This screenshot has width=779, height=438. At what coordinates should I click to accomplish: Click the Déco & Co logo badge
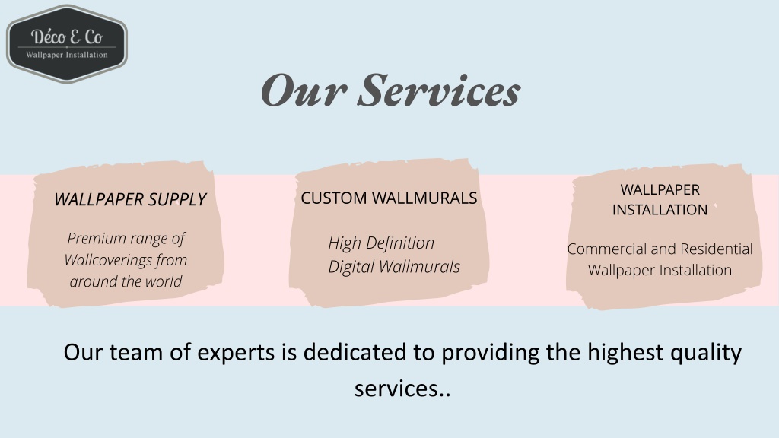(67, 43)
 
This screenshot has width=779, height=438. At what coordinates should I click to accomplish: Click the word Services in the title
(439, 90)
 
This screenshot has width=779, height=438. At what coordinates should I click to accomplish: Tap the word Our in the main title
(303, 90)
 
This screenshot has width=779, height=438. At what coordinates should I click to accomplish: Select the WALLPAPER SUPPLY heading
(130, 199)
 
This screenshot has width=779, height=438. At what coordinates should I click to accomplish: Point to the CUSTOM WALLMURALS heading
(389, 198)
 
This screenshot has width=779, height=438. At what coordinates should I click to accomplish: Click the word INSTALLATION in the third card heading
(660, 210)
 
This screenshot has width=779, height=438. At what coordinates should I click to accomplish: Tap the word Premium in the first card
(96, 238)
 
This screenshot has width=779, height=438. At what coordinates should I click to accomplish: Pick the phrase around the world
(126, 281)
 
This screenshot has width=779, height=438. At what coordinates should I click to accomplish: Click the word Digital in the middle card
(351, 267)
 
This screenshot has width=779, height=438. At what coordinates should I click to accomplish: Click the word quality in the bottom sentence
(706, 353)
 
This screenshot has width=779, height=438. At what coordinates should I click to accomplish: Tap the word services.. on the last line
(402, 389)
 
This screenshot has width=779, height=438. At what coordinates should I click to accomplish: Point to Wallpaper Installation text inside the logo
(67, 55)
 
